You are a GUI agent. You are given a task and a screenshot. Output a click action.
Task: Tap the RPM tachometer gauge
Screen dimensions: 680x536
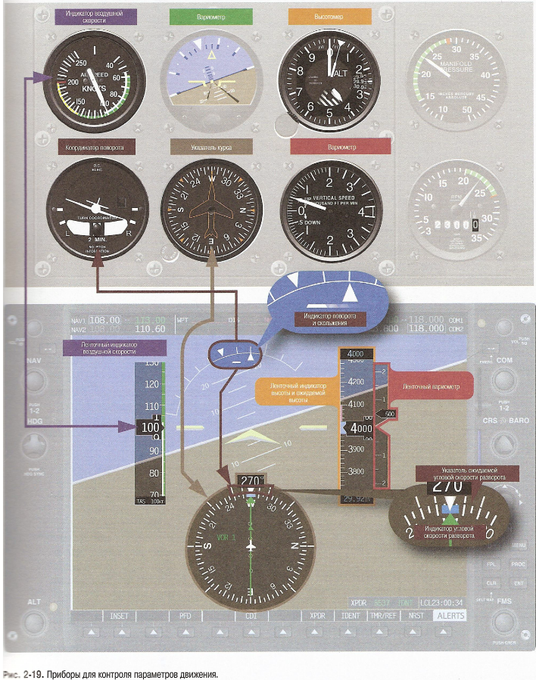(x=452, y=209)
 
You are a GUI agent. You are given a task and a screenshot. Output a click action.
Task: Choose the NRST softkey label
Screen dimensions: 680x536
(x=416, y=616)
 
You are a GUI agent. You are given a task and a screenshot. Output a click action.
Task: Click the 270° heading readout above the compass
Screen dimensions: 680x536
(x=250, y=480)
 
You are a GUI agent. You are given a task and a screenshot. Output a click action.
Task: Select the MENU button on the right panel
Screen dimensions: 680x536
(x=519, y=545)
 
